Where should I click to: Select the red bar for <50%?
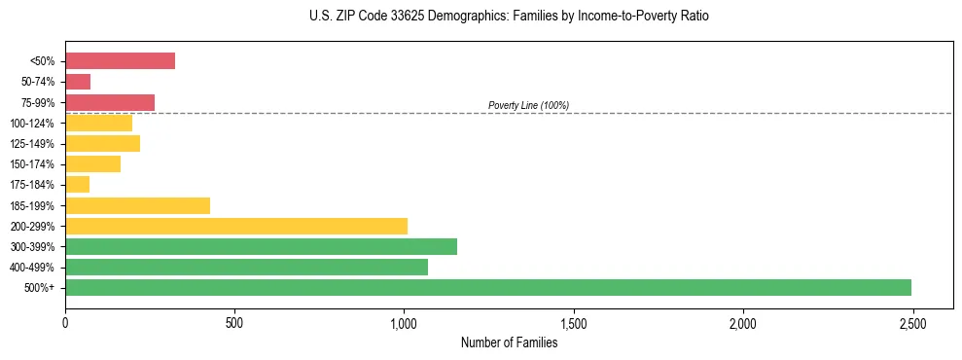pos(120,61)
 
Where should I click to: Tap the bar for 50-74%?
pos(78,82)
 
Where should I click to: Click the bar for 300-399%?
pos(261,246)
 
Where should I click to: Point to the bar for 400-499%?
pos(246,267)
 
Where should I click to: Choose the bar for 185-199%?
pos(137,205)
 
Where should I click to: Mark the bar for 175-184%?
pos(77,185)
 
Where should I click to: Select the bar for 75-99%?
pos(110,102)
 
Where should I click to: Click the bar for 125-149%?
pos(102,143)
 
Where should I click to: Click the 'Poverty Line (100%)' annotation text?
pos(528,105)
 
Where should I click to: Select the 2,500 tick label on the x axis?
pos(912,322)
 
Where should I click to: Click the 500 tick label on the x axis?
pos(234,322)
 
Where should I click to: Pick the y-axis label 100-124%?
pos(32,124)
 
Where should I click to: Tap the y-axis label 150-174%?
pos(32,164)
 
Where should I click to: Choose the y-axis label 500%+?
pos(40,288)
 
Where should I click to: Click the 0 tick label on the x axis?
pos(65,322)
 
